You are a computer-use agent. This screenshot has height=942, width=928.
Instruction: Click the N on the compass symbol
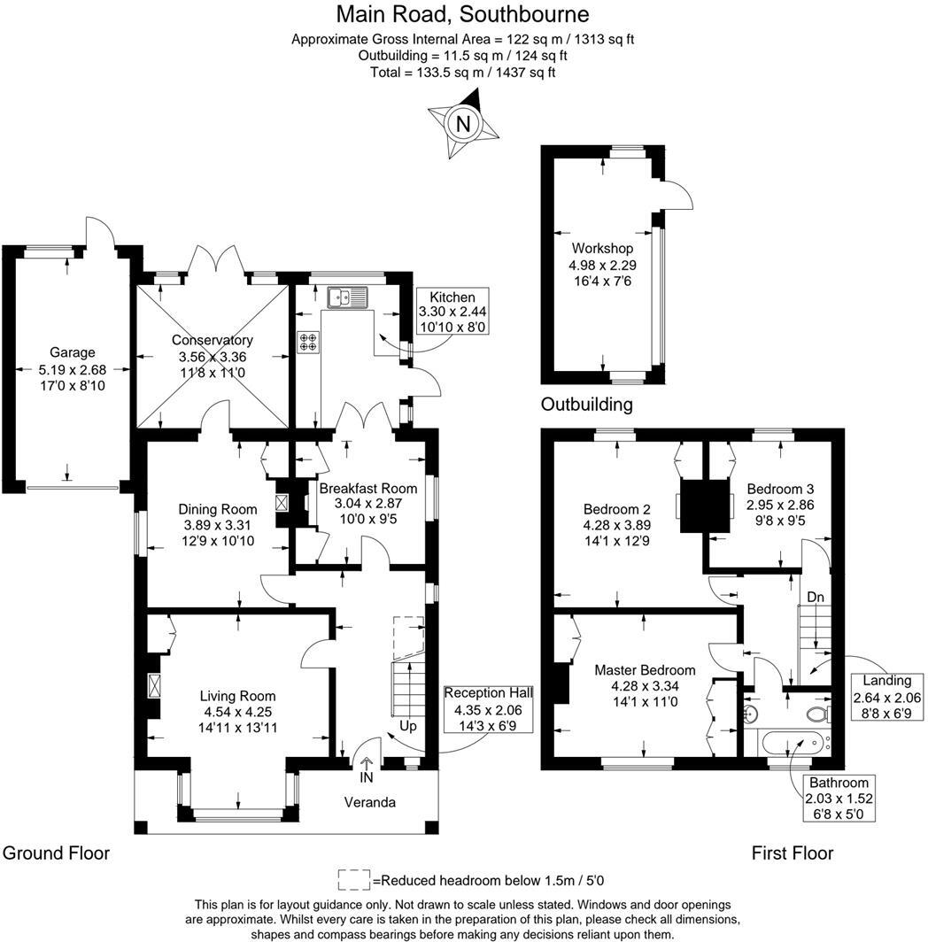point(463,124)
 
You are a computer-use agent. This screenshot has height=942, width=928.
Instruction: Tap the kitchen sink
point(347,297)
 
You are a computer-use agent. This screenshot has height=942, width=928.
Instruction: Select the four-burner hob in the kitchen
point(308,343)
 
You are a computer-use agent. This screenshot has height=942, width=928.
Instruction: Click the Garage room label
point(72,352)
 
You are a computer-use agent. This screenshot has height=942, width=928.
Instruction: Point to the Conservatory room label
point(213,340)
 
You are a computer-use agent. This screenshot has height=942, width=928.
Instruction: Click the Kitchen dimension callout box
point(452,312)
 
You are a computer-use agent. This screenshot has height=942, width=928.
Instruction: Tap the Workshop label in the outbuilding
point(602,248)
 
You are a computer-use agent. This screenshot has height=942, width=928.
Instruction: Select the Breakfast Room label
point(367,488)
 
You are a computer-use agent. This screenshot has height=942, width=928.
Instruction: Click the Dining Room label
point(218,509)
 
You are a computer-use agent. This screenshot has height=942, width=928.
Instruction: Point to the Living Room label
point(237,696)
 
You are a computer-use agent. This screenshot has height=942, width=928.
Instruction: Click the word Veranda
point(369,803)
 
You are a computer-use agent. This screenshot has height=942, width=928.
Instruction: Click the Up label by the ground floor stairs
point(408,726)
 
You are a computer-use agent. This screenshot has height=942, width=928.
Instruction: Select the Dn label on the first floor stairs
point(815,597)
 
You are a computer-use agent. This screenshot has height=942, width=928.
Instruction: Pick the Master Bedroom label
point(645,670)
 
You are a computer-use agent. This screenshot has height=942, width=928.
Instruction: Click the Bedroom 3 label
point(780,489)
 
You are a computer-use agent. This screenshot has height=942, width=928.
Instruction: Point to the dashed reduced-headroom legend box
point(354,880)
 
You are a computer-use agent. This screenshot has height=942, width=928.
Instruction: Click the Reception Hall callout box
point(488,709)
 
